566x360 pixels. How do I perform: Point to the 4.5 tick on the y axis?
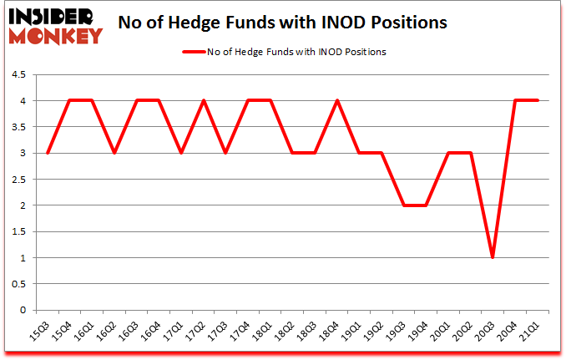coord(18,75)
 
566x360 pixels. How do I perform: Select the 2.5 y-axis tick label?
coord(18,180)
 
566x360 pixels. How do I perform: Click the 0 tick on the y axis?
coord(23,310)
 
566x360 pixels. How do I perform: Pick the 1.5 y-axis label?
coord(18,231)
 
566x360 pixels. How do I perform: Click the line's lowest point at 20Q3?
coord(493,257)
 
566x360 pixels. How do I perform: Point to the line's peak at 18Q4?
coord(337,101)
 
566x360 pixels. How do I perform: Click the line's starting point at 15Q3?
coord(47,153)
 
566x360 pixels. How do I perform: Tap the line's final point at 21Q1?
coord(538,101)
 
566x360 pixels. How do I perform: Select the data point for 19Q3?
coord(404,205)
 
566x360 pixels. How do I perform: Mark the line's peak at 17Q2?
coord(203,101)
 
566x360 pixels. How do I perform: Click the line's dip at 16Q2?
coord(114,153)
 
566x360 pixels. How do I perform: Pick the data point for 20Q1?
coord(449,153)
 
